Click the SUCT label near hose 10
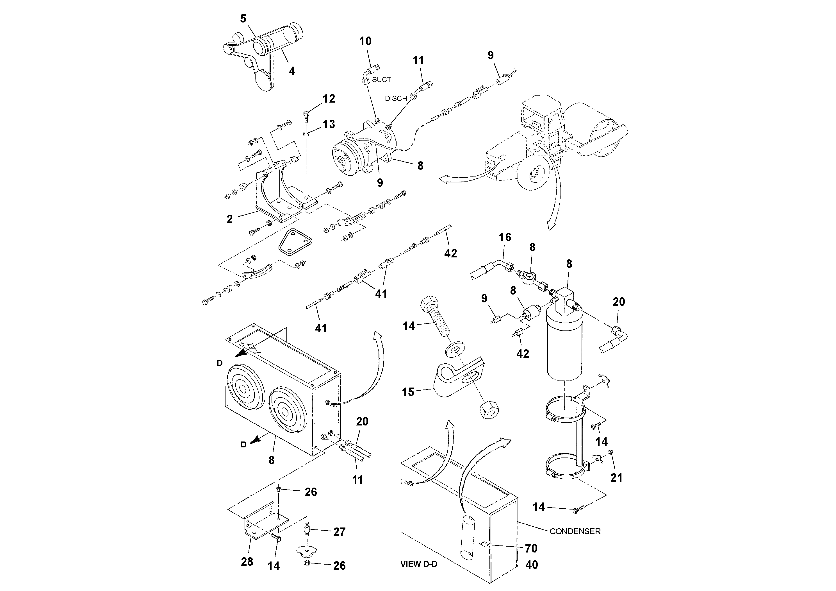[x=381, y=80]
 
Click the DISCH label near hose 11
[x=396, y=98]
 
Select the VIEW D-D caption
[x=419, y=564]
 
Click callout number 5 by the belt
[x=243, y=18]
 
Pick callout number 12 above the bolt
[x=329, y=98]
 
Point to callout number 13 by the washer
[x=329, y=124]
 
